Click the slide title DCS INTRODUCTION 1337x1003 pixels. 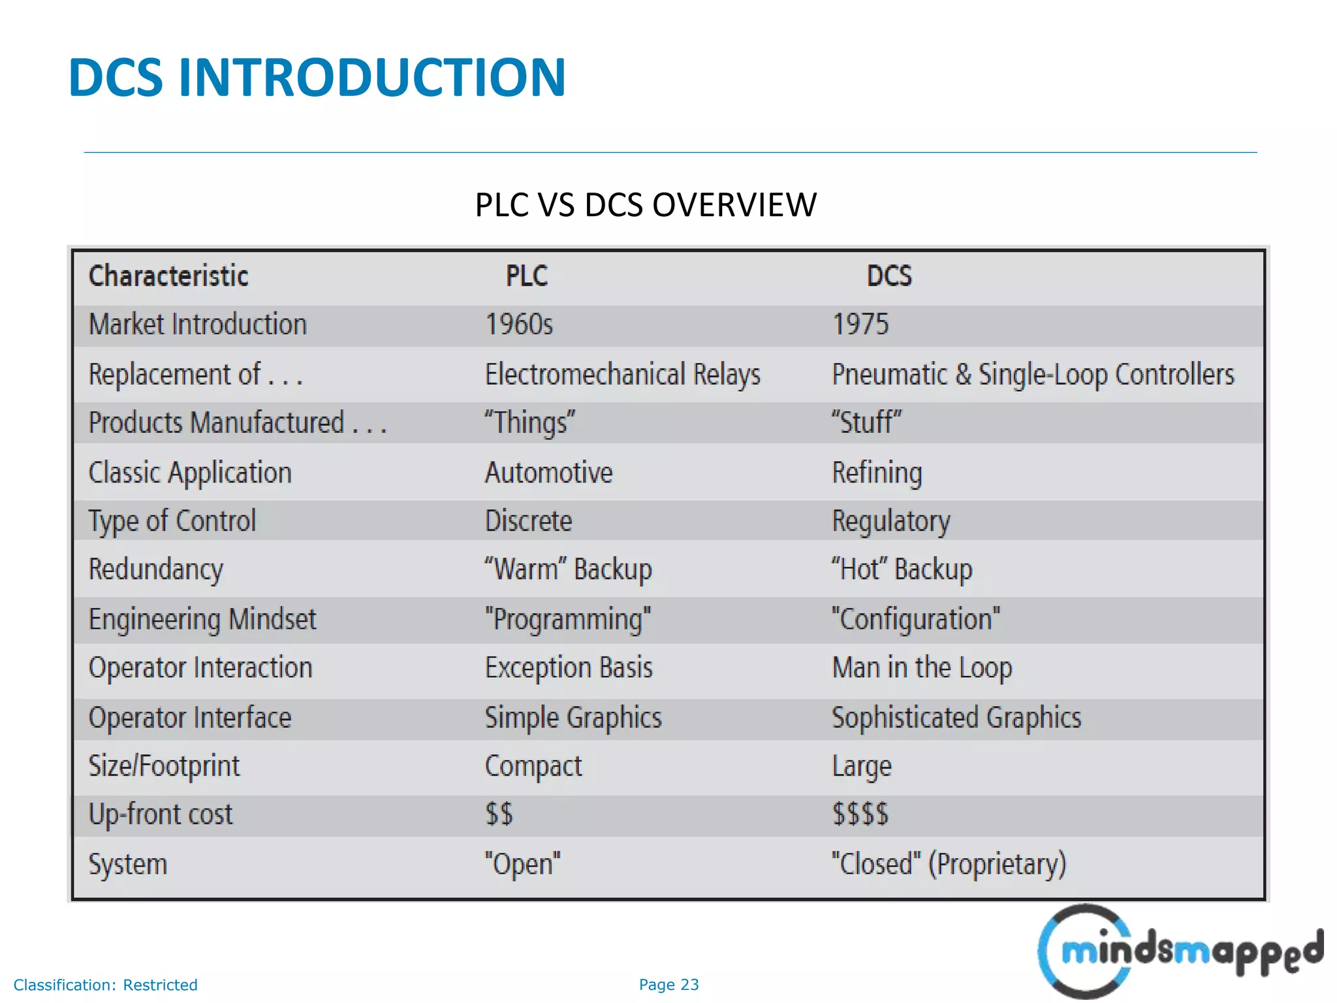317,78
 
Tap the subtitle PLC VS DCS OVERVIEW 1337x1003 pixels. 646,205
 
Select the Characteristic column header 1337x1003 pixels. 168,276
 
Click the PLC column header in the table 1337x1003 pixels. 526,276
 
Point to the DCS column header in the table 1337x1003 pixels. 889,276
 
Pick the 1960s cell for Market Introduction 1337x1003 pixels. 519,325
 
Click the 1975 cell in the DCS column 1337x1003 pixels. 860,325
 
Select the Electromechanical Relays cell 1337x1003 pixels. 622,375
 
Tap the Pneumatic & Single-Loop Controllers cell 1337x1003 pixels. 1033,375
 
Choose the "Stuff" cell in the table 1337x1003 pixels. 866,422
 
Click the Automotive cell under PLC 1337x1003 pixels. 548,473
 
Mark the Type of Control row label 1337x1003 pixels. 172,521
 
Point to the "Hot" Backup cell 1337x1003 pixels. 902,569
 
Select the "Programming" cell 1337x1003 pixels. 567,619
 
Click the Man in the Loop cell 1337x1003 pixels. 922,668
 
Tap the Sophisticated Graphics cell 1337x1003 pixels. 956,718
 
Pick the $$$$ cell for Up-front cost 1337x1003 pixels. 860,814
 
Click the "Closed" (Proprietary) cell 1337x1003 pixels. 949,864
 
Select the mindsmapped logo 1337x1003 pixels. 1180,951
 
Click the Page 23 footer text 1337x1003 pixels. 668,985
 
